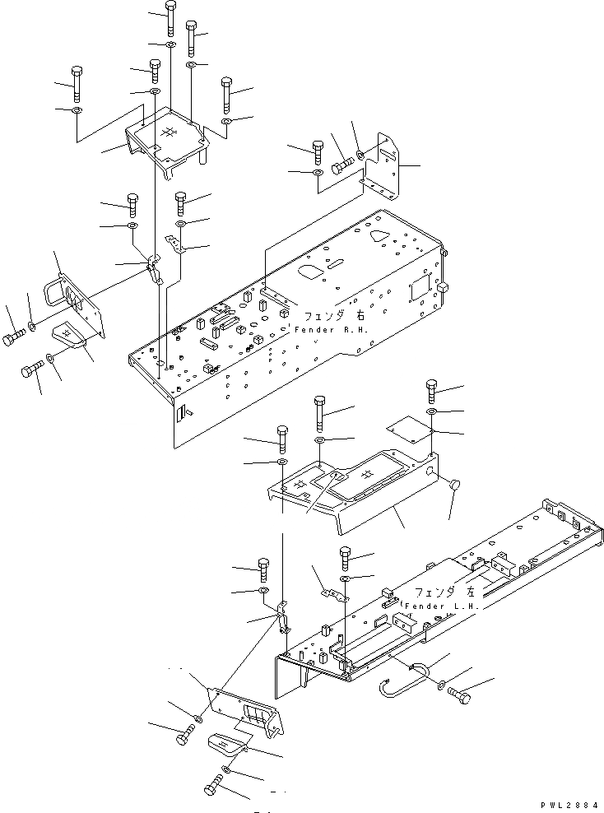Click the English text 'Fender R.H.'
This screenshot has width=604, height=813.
tap(332, 330)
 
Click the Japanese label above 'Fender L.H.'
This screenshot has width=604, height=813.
tap(445, 592)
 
